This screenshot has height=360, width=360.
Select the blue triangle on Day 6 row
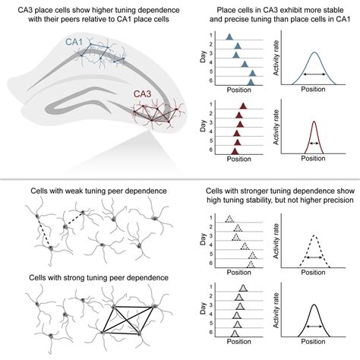tap(254, 81)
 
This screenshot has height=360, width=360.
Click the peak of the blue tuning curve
tap(314, 53)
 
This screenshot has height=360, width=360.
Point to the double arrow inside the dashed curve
tap(314, 258)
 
